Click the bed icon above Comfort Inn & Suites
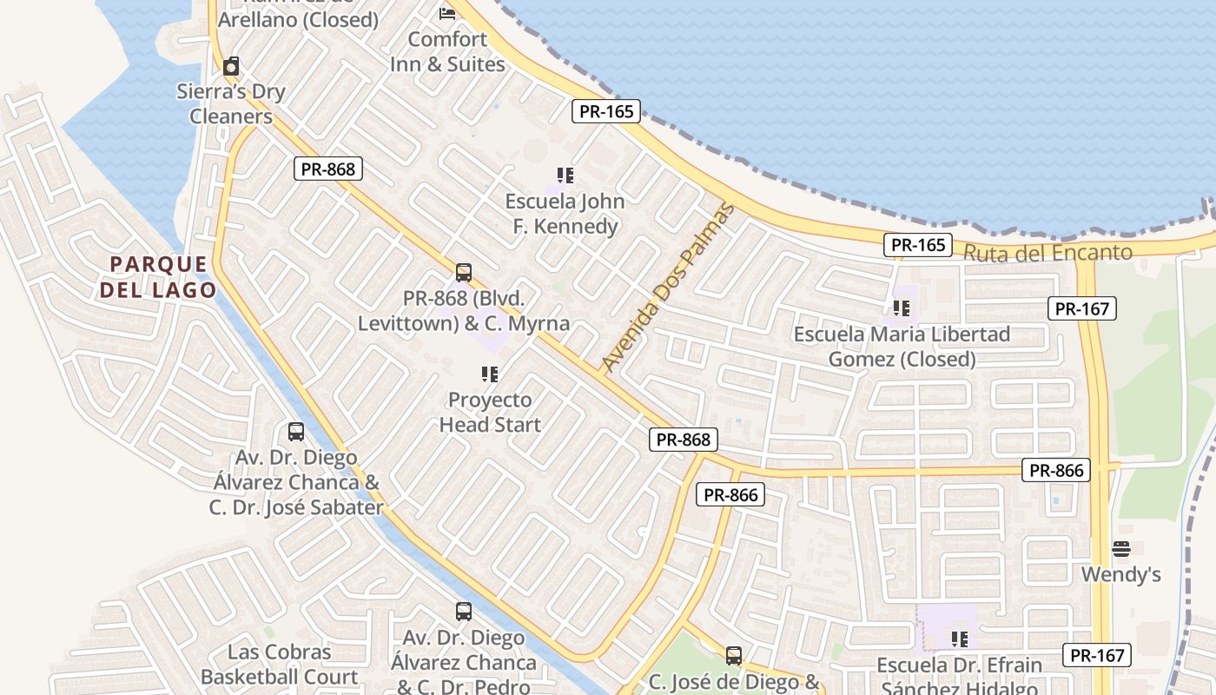[x=447, y=13]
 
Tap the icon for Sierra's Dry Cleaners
[x=231, y=66]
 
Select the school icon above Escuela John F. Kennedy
[x=565, y=175]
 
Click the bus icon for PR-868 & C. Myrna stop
[x=464, y=273]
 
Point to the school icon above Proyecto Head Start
[x=490, y=374]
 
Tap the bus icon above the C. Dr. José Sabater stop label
[x=296, y=432]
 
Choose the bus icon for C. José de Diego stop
[x=734, y=656]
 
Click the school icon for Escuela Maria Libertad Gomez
[x=902, y=308]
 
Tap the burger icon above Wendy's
[x=1121, y=549]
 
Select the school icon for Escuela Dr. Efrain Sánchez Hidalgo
[x=959, y=639]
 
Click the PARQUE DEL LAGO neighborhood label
[x=159, y=277]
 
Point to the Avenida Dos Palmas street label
[x=668, y=288]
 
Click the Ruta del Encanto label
[x=1048, y=253]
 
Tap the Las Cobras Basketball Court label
[x=279, y=665]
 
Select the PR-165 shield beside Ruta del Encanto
[x=918, y=245]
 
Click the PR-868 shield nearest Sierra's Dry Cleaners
[x=328, y=169]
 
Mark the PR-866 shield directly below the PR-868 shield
[x=730, y=495]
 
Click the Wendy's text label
[x=1120, y=574]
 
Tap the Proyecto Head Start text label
[x=490, y=413]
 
